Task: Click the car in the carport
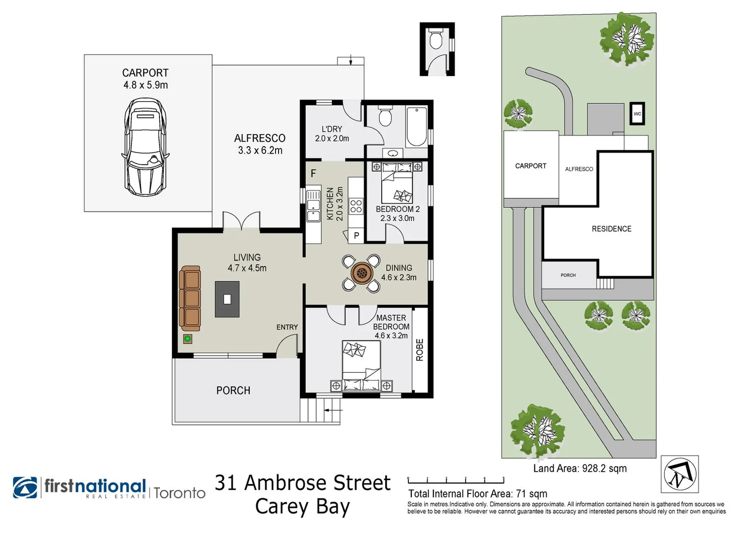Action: coord(145,147)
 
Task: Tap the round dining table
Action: coord(361,273)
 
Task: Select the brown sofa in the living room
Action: coord(191,298)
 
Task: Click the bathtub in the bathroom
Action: coord(416,127)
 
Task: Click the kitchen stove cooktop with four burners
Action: coord(356,206)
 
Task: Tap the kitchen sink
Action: coord(313,205)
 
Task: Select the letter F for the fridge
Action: coord(313,174)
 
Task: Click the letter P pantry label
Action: coord(356,236)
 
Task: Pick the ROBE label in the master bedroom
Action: coord(420,350)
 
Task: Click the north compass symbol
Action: coord(679,474)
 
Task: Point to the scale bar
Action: coord(456,480)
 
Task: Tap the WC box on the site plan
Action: coord(637,114)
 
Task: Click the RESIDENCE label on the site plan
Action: coord(611,229)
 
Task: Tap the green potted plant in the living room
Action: coord(188,339)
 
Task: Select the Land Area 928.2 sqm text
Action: coord(580,468)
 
